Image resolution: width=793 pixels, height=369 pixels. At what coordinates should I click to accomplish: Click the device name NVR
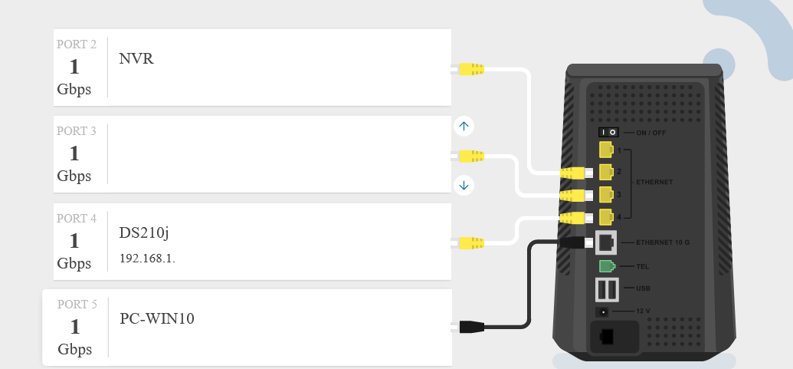pos(136,58)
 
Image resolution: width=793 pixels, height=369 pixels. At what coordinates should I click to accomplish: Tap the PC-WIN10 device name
pos(157,318)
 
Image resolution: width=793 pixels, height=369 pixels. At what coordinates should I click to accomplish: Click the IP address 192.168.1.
pos(147,259)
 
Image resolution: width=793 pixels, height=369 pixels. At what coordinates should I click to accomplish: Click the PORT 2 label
pos(77,44)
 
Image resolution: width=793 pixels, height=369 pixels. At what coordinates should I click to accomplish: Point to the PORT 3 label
pos(77,131)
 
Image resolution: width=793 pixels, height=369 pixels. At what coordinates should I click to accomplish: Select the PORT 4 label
pos(77,219)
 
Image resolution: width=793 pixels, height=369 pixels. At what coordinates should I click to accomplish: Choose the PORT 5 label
pos(77,305)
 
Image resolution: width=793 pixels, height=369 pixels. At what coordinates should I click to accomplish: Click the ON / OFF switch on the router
pos(608,132)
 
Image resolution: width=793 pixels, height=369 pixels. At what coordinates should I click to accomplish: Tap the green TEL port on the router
pos(606,266)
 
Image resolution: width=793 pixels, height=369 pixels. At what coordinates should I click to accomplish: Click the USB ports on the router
pos(607,289)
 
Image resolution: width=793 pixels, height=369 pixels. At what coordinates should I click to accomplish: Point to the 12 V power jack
pos(604,311)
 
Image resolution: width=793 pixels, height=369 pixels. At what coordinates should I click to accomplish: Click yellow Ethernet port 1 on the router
pos(606,149)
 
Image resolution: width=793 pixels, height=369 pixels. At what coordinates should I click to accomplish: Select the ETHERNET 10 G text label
pos(663,242)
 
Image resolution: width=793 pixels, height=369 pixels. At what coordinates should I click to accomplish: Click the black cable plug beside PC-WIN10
pos(470,327)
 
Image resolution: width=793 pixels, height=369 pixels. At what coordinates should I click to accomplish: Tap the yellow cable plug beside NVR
pos(470,69)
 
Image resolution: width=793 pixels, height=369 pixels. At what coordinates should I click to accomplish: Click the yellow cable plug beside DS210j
pos(470,244)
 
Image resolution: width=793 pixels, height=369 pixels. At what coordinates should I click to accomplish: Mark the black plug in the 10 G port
pos(575,242)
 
